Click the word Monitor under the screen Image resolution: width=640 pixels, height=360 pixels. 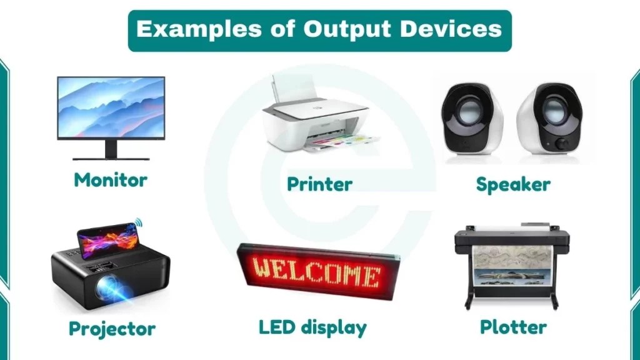tap(111, 180)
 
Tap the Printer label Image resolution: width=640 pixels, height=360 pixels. tap(319, 184)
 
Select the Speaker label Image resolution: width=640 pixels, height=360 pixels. tap(513, 184)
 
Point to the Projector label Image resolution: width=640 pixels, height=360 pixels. tap(112, 328)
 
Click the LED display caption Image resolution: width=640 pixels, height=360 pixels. tap(312, 327)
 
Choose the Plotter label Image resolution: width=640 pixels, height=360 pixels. tap(513, 326)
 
